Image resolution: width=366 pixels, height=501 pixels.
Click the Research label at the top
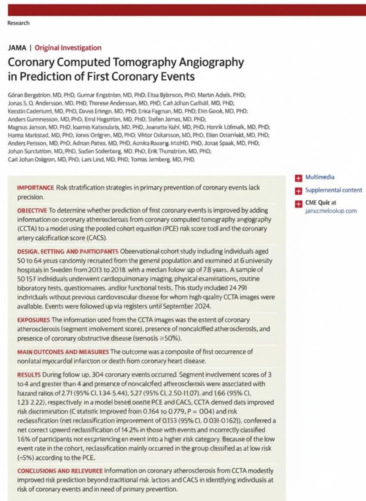pos(18,23)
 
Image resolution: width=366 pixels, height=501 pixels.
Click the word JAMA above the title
pos(17,48)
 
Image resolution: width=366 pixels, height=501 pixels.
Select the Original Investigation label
pos(68,48)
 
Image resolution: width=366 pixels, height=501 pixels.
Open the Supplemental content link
pos(333,190)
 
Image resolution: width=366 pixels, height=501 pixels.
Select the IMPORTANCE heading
pos(35,187)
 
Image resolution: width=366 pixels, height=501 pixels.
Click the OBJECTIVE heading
pos(32,210)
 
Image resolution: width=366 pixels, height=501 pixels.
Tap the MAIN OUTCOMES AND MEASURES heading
pos(63,352)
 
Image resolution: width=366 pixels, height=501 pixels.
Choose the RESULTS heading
pos(29,375)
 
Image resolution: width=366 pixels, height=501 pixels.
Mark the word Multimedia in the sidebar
pos(320,178)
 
